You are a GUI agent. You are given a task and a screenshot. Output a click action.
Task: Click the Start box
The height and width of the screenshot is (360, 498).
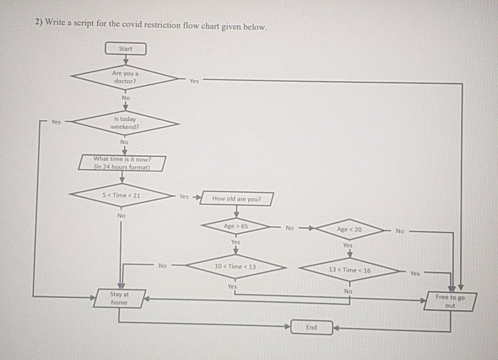(125, 48)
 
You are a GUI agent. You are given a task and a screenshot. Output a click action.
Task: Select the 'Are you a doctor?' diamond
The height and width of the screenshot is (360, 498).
(125, 77)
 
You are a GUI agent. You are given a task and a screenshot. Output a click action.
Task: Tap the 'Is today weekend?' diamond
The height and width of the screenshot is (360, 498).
(125, 123)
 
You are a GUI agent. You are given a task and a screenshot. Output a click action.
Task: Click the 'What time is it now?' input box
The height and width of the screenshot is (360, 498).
(123, 163)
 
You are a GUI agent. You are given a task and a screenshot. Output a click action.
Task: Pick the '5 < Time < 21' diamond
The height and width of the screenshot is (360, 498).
(122, 195)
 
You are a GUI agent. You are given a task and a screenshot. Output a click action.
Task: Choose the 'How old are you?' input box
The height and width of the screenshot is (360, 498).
(236, 199)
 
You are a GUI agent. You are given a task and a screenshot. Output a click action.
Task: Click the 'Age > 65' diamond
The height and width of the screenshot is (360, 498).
(236, 226)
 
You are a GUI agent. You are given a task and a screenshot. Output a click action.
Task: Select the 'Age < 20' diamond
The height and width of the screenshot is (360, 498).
(350, 229)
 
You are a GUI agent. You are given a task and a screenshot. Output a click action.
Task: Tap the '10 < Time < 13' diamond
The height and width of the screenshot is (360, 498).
(235, 266)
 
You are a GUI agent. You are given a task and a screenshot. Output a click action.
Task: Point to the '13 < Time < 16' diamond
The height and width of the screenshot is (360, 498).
(350, 270)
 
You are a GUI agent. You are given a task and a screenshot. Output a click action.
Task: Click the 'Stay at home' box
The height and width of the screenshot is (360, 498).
(119, 298)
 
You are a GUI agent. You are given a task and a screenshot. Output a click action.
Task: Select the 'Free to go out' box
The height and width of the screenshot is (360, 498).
(451, 301)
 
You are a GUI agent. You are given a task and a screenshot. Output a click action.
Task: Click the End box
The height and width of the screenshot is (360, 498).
(312, 327)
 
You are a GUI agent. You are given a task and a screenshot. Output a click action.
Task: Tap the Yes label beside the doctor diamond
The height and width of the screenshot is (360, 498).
(194, 81)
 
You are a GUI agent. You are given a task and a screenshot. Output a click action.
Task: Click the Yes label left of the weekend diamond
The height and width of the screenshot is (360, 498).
(56, 122)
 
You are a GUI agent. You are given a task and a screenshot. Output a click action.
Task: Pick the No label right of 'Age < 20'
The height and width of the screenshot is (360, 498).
(400, 230)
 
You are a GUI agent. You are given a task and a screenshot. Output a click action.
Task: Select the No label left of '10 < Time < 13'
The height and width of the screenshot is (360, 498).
(162, 266)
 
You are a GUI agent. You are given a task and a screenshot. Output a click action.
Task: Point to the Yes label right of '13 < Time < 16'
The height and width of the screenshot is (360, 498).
(415, 273)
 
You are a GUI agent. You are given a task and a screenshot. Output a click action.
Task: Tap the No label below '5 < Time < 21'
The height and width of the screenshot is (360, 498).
(121, 215)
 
